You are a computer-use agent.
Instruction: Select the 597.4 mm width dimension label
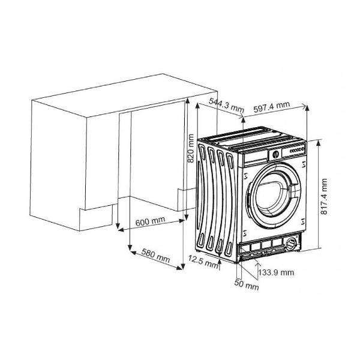click(272, 107)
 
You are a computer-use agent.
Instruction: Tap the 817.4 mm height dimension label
click(324, 196)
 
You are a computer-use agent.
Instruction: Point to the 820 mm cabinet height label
click(191, 148)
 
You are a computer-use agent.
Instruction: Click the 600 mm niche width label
click(150, 221)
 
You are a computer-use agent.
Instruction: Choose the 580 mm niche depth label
click(155, 256)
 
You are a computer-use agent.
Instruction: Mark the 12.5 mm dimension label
click(203, 262)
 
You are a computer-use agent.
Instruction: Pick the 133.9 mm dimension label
click(276, 272)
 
